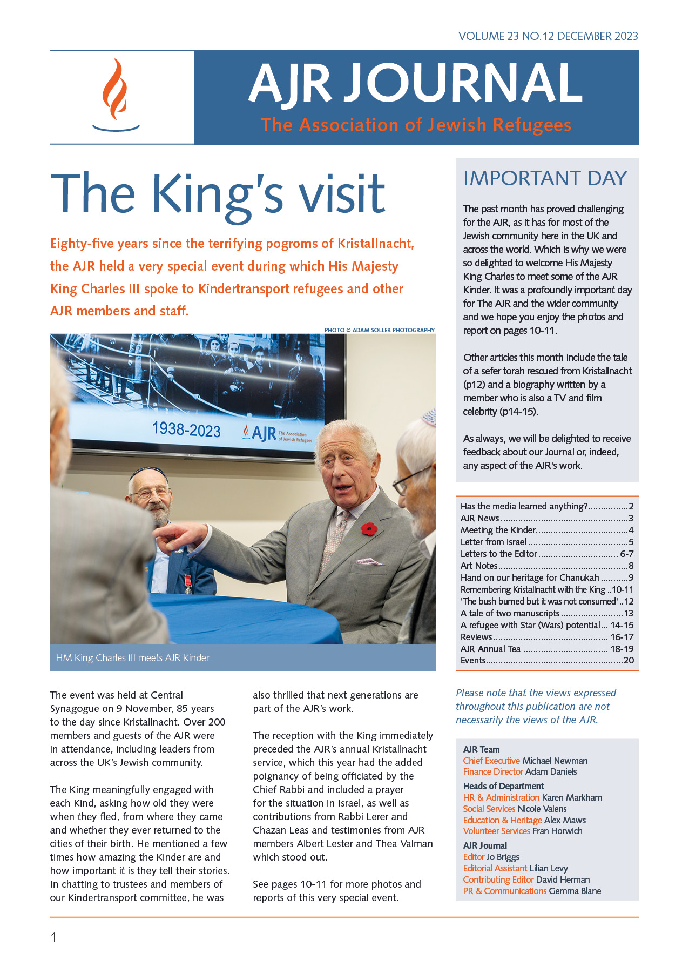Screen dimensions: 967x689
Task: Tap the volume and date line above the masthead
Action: (548, 36)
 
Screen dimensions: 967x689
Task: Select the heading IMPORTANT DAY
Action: (545, 178)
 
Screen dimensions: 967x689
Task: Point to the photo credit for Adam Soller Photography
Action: (379, 330)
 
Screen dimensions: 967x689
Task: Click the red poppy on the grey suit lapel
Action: (369, 528)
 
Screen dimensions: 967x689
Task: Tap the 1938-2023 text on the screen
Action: (186, 429)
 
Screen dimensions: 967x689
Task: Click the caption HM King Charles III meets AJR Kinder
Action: (132, 657)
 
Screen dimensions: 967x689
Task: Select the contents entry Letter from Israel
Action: (493, 542)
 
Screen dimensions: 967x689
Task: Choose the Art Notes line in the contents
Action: (479, 566)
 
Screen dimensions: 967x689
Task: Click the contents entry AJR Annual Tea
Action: (490, 649)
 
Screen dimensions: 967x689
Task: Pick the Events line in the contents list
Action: (473, 660)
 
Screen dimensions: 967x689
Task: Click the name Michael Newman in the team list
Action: (555, 761)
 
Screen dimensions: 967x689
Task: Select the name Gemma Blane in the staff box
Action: (575, 891)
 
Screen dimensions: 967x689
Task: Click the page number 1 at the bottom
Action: (53, 937)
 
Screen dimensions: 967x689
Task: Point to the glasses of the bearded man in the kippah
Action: (150, 493)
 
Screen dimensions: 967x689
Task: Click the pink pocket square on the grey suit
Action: (365, 561)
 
